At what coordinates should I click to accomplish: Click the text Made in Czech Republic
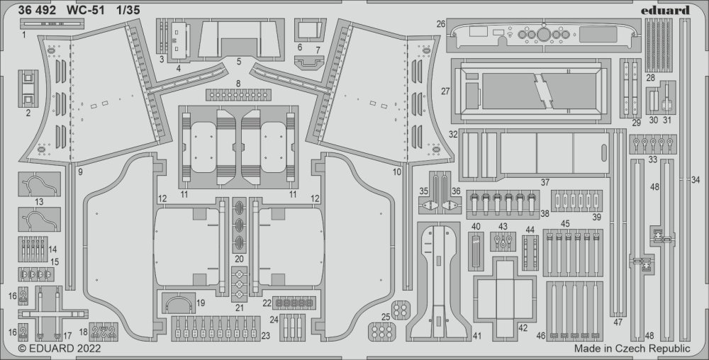coord(632,349)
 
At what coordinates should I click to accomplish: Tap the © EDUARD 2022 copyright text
coord(60,349)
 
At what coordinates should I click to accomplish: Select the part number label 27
coord(445,91)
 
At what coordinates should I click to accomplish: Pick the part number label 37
coord(545,183)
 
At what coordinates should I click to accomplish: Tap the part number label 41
coord(477,334)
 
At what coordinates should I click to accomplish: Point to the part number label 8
coord(239,84)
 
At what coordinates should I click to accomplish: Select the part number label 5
coord(239,62)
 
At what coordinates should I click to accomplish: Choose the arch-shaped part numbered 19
coord(179,304)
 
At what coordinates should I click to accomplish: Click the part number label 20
coord(239,259)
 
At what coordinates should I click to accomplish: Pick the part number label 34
coord(695,180)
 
